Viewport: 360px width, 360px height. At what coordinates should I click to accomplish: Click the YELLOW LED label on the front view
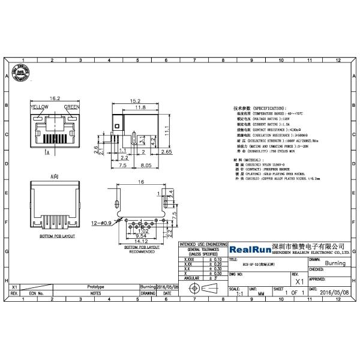pyautogui.click(x=39, y=107)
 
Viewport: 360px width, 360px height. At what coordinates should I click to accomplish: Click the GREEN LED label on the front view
pyautogui.click(x=71, y=107)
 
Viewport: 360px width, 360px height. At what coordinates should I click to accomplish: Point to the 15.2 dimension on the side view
pyautogui.click(x=135, y=101)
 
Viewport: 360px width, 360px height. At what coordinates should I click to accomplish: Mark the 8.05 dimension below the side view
pyautogui.click(x=146, y=164)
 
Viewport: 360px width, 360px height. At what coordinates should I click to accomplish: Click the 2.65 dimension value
pyautogui.click(x=166, y=152)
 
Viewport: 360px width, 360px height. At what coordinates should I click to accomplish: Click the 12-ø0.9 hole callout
pyautogui.click(x=102, y=223)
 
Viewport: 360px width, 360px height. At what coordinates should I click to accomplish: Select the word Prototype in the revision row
pyautogui.click(x=95, y=287)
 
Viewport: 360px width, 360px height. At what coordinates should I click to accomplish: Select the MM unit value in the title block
pyautogui.click(x=260, y=294)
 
